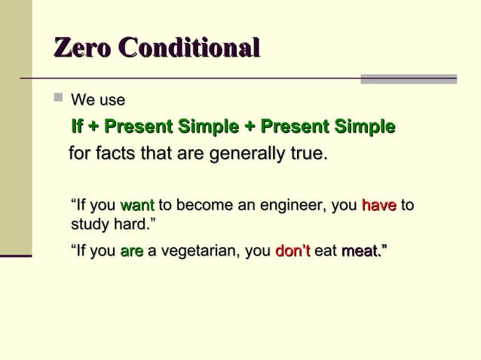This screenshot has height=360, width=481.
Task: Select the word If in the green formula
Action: pos(76,126)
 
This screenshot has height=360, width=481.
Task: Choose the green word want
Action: pos(137,205)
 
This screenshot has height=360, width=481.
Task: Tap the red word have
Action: pos(378,205)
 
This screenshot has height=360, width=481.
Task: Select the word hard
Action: pos(133,224)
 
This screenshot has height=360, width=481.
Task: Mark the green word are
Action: pos(131,251)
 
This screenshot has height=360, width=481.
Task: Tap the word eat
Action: pos(325,251)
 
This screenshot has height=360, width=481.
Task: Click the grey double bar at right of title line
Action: pos(408,78)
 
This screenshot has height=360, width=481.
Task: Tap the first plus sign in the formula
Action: pos(94,126)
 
